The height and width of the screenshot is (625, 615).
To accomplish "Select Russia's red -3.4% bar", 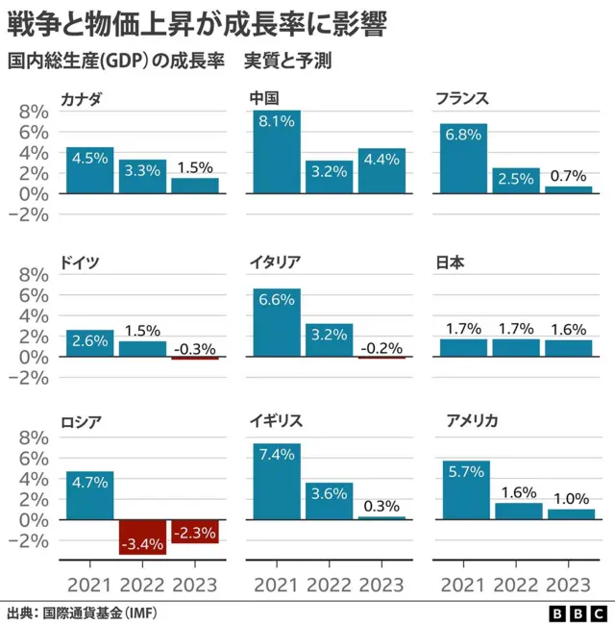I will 142,537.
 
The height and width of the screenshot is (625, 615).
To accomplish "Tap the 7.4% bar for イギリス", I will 276,481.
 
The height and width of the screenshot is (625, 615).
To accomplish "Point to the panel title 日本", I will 452,262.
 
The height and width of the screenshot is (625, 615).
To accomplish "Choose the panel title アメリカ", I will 471,420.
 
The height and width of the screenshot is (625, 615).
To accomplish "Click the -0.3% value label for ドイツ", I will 195,348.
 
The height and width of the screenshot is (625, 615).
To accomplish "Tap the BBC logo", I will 578,612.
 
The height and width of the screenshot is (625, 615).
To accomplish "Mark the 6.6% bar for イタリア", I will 276,323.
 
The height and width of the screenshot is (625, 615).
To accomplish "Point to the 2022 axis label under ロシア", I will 142,585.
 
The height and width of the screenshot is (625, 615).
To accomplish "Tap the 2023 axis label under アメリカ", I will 568,585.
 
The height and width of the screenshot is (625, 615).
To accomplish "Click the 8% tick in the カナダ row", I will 34,111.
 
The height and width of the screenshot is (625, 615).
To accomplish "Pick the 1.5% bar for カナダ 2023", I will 195,186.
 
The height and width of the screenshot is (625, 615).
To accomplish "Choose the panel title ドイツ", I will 80,262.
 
